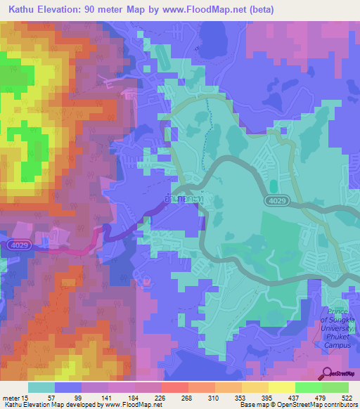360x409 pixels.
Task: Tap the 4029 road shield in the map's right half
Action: [x=276, y=201]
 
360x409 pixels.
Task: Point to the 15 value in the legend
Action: [x=26, y=398]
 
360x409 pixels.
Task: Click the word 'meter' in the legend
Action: [x=10, y=398]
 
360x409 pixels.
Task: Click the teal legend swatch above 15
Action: [x=41, y=387]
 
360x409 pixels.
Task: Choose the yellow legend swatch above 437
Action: [x=281, y=387]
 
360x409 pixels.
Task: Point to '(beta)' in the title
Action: [x=258, y=10]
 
